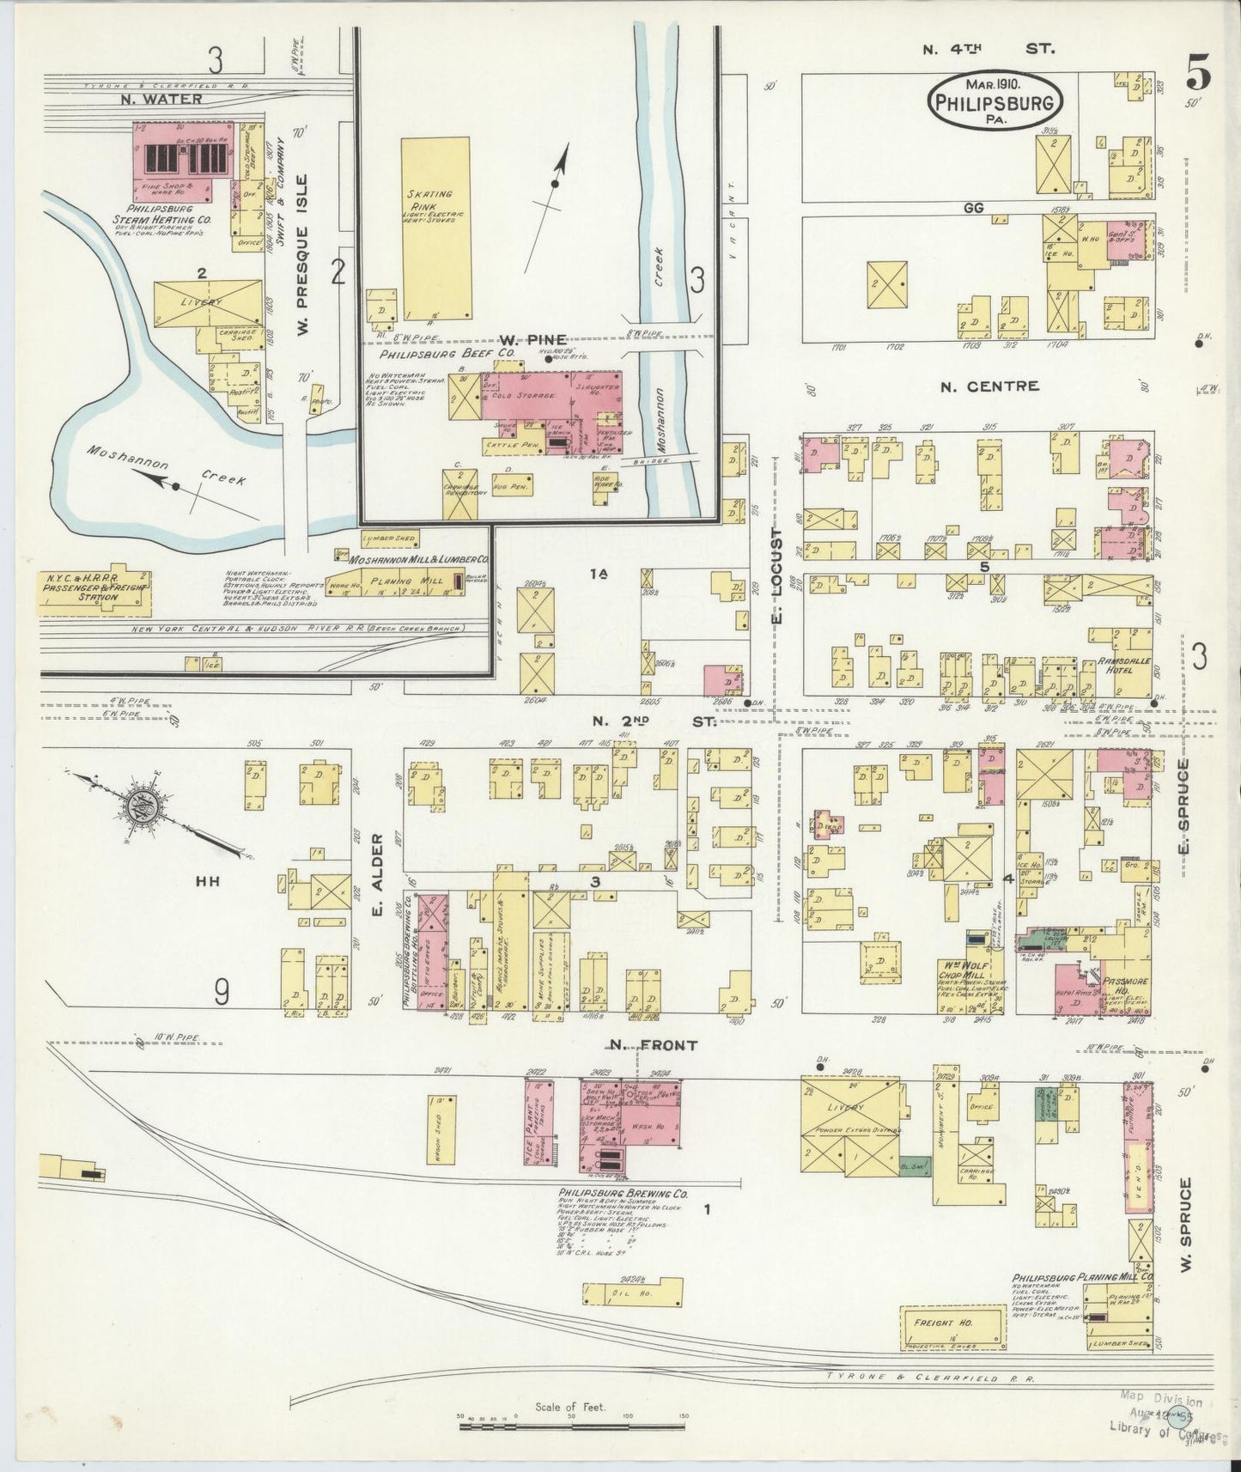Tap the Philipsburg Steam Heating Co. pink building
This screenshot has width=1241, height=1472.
(182, 160)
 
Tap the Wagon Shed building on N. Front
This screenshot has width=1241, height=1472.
(440, 1131)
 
